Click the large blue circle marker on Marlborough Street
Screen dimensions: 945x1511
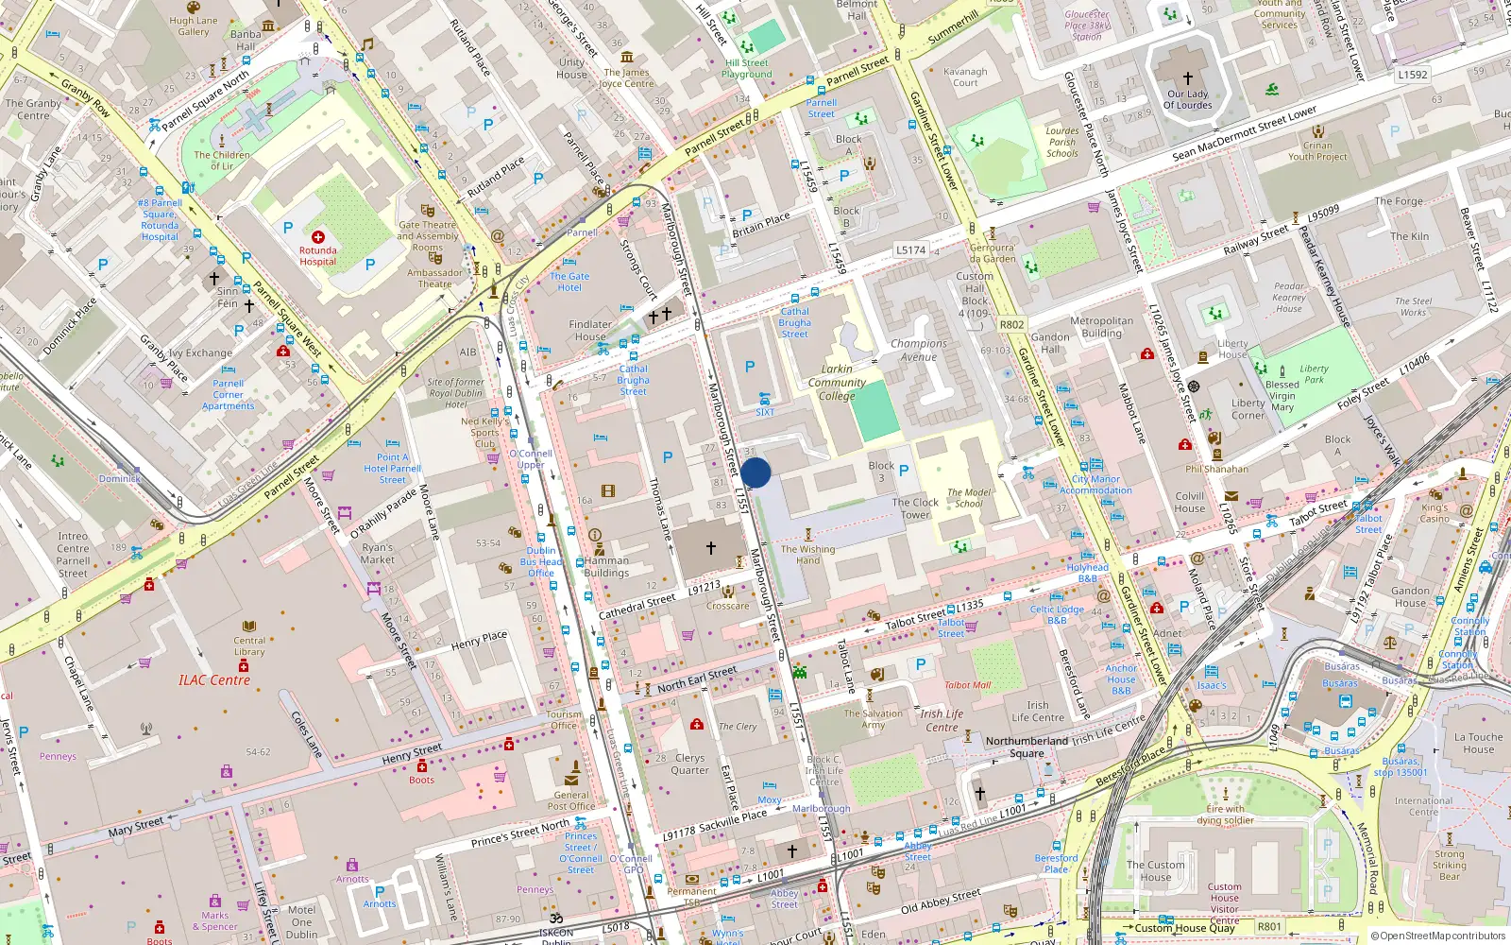pos(755,472)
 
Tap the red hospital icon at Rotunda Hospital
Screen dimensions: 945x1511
pos(318,237)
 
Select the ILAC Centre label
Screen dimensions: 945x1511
pos(214,680)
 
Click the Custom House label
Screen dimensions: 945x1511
pos(1155,870)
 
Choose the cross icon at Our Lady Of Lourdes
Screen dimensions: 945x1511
pos(1188,78)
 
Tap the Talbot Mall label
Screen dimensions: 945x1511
pos(967,685)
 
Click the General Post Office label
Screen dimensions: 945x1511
pos(571,800)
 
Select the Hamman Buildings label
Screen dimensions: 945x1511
pos(606,567)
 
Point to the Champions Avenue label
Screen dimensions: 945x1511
pos(919,351)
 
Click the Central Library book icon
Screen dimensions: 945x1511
pos(249,627)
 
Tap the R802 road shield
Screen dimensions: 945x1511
pos(1011,324)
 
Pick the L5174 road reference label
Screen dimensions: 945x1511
pos(910,250)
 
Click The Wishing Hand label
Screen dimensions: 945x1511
pos(807,555)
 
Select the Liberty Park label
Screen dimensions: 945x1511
pos(1314,374)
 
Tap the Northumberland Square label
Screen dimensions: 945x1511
pos(1027,747)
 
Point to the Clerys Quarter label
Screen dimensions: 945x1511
pos(689,764)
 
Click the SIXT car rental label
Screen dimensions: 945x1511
pos(765,412)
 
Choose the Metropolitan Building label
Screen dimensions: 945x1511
pos(1101,327)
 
